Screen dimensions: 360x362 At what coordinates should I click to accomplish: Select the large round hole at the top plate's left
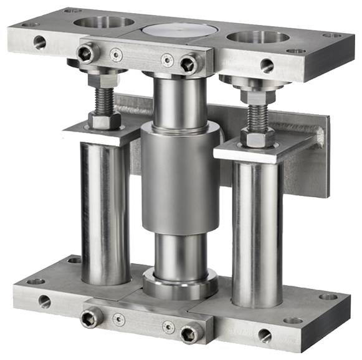(x=102, y=22)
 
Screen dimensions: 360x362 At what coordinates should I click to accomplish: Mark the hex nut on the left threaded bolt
(x=104, y=119)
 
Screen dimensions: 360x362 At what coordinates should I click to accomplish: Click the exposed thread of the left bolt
(x=104, y=99)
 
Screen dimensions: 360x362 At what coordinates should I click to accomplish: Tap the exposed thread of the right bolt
(x=257, y=115)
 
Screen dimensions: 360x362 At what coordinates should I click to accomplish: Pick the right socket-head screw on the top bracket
(x=188, y=62)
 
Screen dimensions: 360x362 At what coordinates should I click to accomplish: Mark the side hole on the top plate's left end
(x=39, y=42)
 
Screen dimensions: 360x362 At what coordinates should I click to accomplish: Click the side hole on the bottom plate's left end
(x=44, y=301)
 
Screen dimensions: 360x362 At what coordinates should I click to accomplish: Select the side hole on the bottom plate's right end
(x=265, y=334)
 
